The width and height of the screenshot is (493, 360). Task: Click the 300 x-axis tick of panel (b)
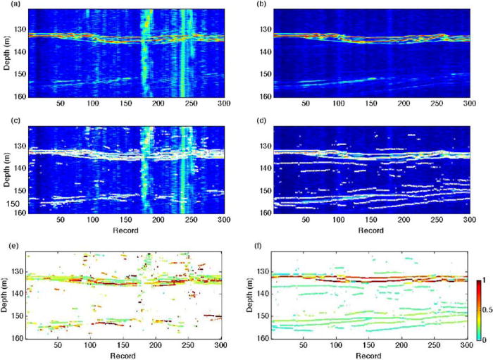tap(468, 103)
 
